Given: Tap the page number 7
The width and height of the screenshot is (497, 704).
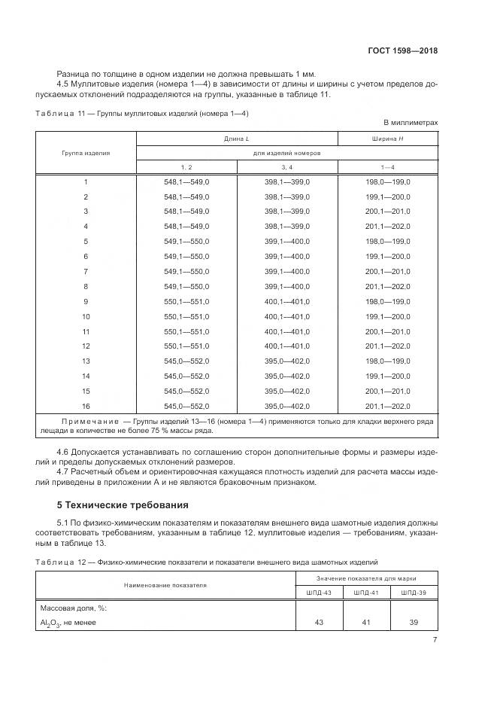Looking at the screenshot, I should coord(435,640).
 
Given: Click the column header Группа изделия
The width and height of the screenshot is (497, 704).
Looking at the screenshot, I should coord(86,152).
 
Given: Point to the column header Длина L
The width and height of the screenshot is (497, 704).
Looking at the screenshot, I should coord(236,139).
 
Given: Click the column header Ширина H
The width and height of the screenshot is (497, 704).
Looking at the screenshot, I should coord(387,139).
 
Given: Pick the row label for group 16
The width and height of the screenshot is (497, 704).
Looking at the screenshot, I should coord(86,405).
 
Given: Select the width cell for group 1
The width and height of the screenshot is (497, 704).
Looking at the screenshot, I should coord(387,181).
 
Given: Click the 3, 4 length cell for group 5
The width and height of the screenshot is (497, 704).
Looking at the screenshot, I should coord(287,241).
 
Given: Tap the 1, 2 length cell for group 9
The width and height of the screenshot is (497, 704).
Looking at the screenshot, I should coord(186,300).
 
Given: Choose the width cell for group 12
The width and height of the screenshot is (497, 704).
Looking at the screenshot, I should coord(387,346).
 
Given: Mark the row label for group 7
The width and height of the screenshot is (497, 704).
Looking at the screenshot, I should coord(86,271).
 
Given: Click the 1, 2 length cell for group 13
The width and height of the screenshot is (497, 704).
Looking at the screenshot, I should coord(186,361).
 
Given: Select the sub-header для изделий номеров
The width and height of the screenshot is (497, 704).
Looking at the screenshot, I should coord(287,152).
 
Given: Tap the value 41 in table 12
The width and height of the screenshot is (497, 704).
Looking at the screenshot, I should coord(367,622).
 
